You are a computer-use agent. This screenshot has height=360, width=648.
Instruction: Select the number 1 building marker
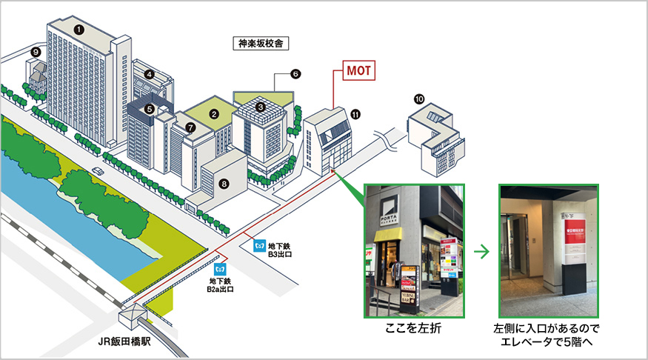(x=78, y=28)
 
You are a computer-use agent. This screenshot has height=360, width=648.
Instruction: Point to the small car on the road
(x=97, y=171)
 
